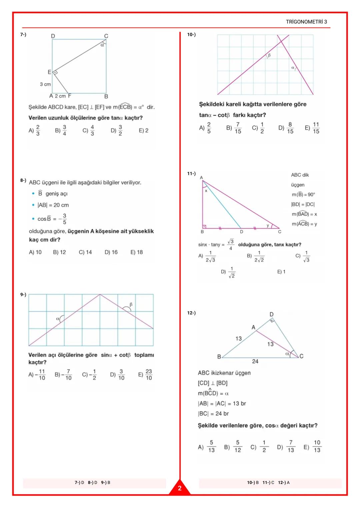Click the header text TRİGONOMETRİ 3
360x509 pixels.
click(x=306, y=22)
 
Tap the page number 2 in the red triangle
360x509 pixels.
click(x=180, y=488)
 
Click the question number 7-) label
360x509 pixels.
click(x=23, y=34)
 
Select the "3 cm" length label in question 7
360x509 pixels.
click(x=45, y=84)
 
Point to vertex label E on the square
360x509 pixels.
click(x=49, y=72)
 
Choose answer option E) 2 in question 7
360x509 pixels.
click(x=143, y=130)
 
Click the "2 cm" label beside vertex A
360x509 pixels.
click(x=60, y=96)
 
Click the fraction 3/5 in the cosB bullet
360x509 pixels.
click(x=64, y=219)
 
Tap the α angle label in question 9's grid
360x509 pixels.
click(x=58, y=319)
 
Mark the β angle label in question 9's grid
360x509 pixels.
click(x=131, y=304)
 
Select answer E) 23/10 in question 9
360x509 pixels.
click(x=145, y=375)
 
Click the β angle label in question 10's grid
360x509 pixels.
click(x=269, y=55)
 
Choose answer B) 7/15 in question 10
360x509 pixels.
click(x=234, y=128)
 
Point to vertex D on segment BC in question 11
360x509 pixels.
click(x=241, y=231)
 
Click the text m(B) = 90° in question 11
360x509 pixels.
click(x=303, y=194)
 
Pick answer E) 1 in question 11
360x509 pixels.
click(x=281, y=272)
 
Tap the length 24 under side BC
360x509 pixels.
click(x=255, y=361)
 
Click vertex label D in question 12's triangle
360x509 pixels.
click(x=271, y=314)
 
